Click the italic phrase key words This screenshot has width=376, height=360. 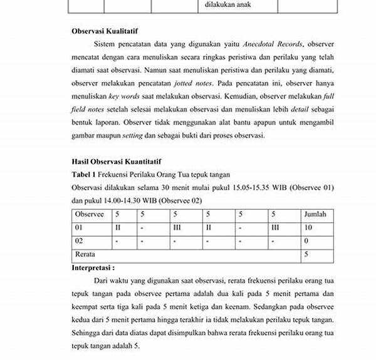[122, 97]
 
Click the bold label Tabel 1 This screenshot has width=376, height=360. [83, 175]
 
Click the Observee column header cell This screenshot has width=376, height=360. [90, 215]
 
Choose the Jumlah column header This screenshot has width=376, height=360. [315, 215]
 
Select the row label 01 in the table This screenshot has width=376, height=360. [79, 228]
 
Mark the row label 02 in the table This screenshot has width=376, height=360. [79, 241]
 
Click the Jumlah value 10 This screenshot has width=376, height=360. [308, 228]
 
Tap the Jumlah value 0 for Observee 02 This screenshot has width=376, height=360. [306, 241]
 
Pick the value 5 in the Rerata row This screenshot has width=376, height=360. [306, 255]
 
